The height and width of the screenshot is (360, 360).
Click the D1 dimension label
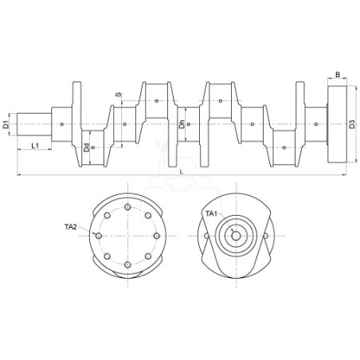tap(6, 124)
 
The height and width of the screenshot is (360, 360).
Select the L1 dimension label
tap(35, 146)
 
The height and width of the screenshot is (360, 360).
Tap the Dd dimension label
tap(86, 148)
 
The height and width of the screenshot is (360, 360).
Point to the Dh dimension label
tap(182, 124)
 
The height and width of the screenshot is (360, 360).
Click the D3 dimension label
tap(352, 124)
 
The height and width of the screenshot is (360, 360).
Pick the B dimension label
tap(338, 75)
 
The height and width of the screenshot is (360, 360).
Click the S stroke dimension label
tap(119, 94)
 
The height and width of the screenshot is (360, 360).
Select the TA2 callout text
tap(71, 227)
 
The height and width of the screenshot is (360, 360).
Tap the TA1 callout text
tap(212, 213)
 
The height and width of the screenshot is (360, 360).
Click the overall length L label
tap(182, 171)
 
